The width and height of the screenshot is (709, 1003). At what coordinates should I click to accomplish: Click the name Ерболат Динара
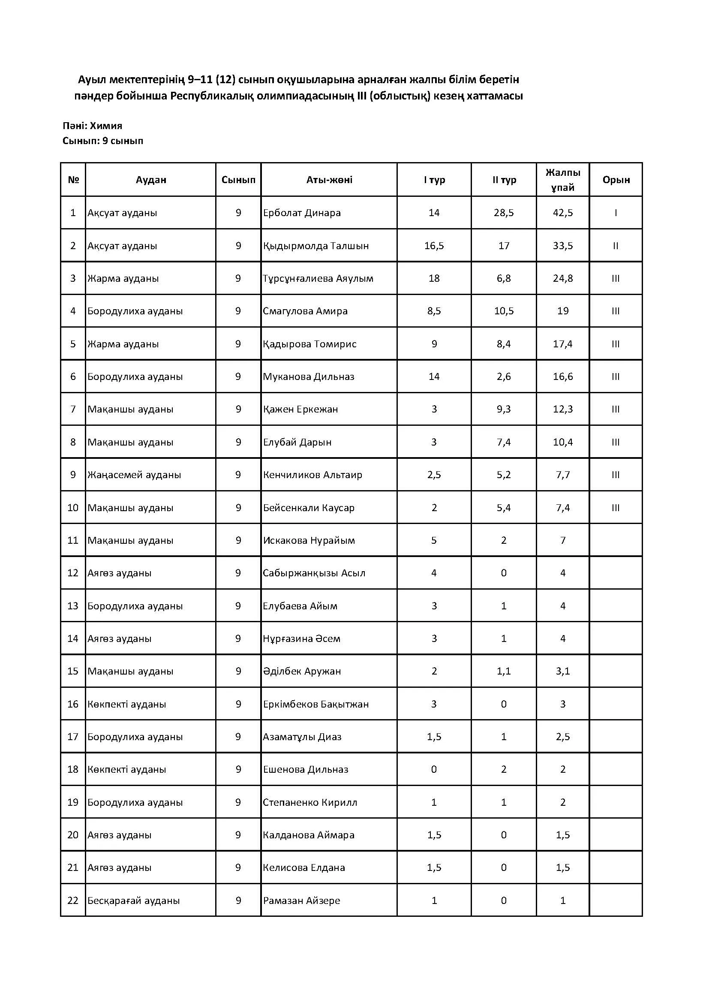(x=302, y=213)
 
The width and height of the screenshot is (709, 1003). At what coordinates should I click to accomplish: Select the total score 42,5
(x=563, y=213)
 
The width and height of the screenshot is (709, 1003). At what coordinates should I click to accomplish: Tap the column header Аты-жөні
(x=329, y=180)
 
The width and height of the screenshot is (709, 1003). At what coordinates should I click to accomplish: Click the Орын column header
(x=616, y=180)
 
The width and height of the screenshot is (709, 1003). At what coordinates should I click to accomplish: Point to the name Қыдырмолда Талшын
(x=315, y=246)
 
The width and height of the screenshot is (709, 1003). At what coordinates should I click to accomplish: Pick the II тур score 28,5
(x=504, y=213)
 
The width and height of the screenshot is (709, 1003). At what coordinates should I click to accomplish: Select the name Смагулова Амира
(x=305, y=311)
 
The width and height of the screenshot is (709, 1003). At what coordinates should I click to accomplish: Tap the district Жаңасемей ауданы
(x=134, y=475)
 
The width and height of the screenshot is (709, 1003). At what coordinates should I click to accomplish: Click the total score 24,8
(x=563, y=278)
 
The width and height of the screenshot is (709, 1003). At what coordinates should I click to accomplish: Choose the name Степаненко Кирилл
(x=310, y=802)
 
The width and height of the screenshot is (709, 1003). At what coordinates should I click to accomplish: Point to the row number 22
(x=73, y=901)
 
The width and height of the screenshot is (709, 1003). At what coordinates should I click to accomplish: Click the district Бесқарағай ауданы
(x=134, y=901)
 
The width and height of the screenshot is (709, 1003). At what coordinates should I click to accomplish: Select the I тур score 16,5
(x=434, y=246)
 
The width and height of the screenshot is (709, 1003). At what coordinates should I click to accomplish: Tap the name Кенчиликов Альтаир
(x=312, y=475)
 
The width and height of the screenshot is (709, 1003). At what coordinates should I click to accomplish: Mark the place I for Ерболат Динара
(x=616, y=213)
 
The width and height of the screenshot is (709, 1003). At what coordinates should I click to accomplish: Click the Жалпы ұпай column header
(x=563, y=180)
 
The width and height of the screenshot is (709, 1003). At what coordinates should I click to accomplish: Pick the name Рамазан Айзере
(x=302, y=901)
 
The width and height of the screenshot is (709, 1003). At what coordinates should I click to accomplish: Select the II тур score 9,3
(x=504, y=410)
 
